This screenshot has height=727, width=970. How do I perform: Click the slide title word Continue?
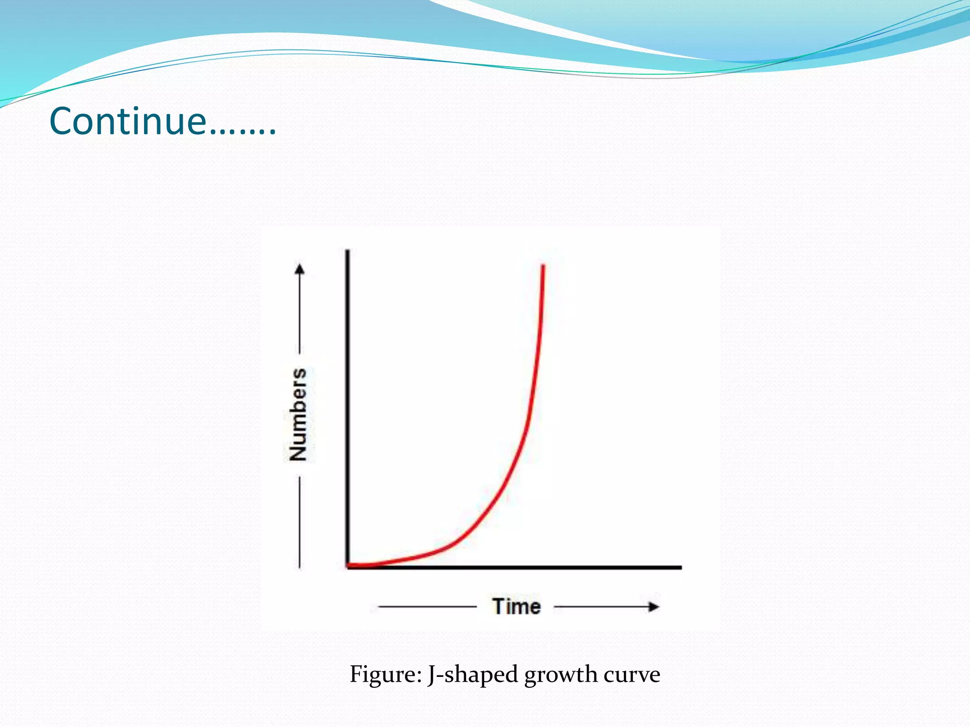(x=128, y=122)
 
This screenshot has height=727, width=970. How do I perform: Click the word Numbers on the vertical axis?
(x=298, y=414)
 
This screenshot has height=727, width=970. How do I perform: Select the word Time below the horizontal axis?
(x=516, y=607)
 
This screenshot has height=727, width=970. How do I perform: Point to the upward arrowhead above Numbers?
(x=300, y=269)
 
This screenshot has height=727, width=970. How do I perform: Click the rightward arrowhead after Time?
(x=654, y=607)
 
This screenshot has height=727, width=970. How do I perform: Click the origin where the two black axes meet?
(x=348, y=567)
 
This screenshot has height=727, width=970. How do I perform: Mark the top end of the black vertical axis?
(x=348, y=251)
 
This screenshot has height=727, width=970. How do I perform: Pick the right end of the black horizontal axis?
(x=680, y=567)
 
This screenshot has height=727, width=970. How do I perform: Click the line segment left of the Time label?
(x=426, y=606)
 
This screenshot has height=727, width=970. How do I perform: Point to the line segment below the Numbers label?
(x=300, y=521)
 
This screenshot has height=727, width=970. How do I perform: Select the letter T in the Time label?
(x=498, y=606)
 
